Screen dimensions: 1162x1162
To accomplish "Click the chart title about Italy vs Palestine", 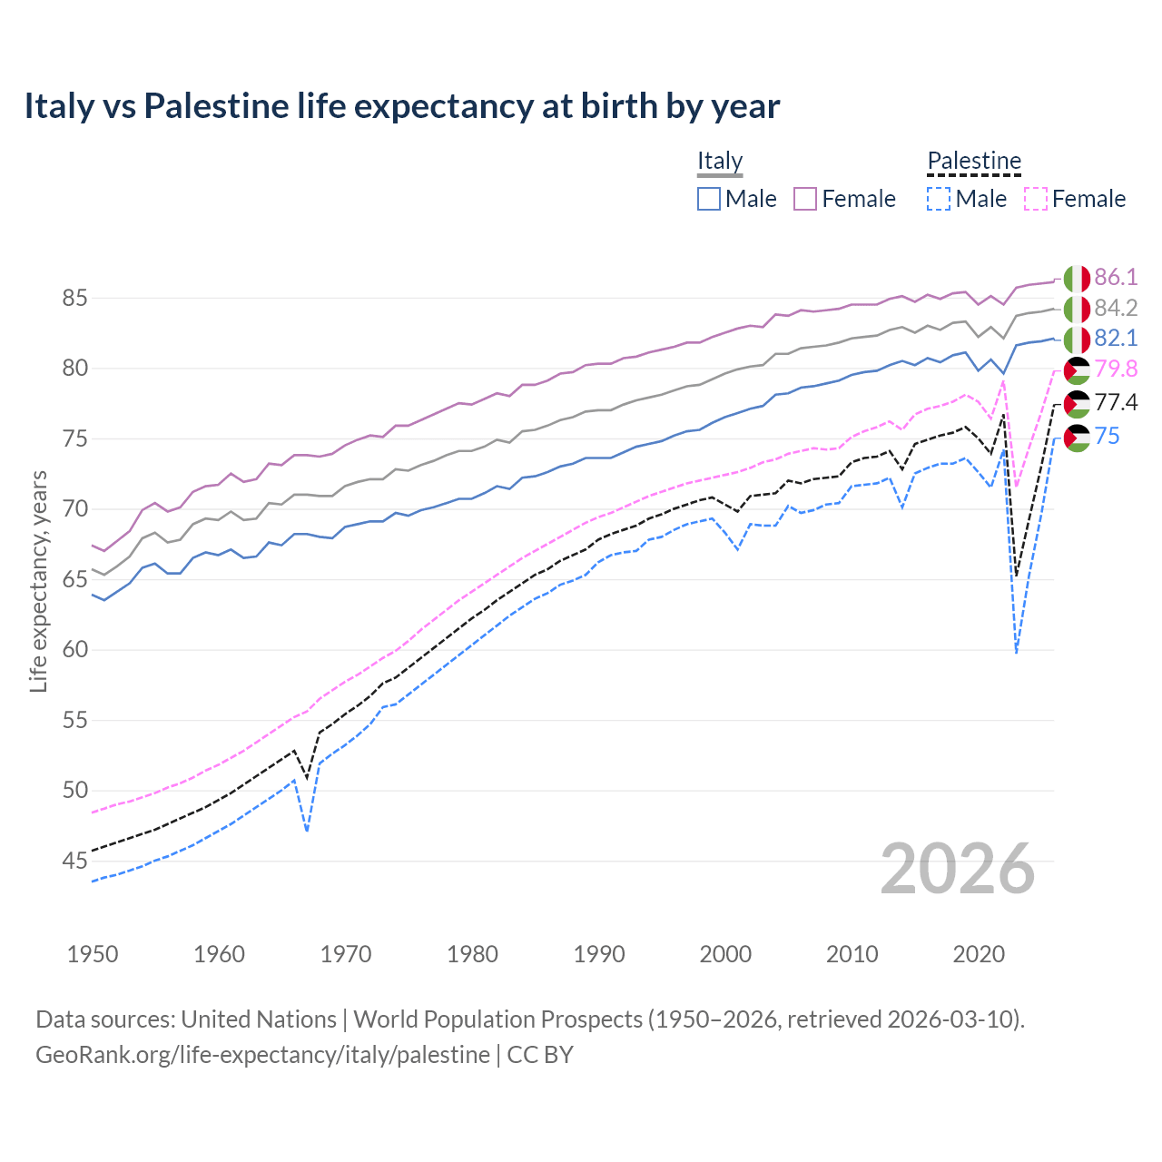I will (x=401, y=106).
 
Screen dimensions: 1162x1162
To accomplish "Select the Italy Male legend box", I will (x=709, y=199).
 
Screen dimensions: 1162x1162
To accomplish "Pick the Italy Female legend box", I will (x=805, y=199).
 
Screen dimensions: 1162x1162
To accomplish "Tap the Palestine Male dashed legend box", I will (x=939, y=199).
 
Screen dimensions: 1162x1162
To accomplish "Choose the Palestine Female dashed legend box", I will (x=1035, y=199).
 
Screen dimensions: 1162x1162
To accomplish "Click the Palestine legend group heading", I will (x=974, y=161).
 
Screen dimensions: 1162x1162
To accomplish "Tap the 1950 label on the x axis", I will (x=93, y=954).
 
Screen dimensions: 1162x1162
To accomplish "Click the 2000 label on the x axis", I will (x=725, y=954).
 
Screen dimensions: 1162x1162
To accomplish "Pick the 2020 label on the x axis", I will (x=979, y=954).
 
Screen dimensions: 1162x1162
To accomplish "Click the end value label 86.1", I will (x=1116, y=278).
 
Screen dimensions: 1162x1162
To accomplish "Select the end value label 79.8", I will (x=1116, y=369).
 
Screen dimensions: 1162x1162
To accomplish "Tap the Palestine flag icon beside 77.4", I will (x=1077, y=404).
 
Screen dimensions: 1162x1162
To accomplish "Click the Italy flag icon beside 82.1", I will (x=1077, y=340).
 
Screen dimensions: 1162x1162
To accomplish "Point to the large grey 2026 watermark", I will (x=958, y=869).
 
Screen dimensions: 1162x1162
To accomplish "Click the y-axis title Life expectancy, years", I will (x=38, y=581).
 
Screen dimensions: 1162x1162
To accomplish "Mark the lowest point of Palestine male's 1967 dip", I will (x=308, y=831).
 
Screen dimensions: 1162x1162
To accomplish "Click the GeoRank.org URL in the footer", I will (x=262, y=1055).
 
